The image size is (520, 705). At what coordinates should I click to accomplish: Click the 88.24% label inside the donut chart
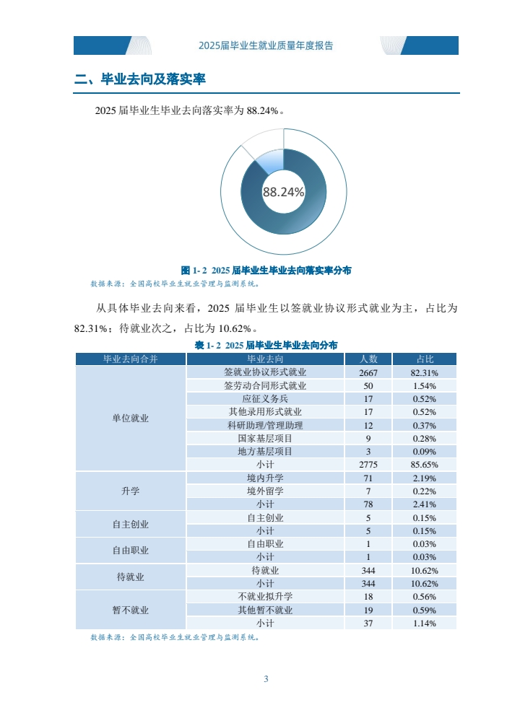pyautogui.click(x=283, y=192)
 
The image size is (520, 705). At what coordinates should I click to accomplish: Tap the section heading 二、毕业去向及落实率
pyautogui.click(x=141, y=79)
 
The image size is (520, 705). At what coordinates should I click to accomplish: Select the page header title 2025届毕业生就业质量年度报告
pyautogui.click(x=266, y=45)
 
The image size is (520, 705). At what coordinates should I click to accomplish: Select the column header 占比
pyautogui.click(x=425, y=359)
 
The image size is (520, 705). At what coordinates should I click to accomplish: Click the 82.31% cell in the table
pyautogui.click(x=425, y=372)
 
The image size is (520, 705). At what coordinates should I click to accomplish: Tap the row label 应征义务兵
pyautogui.click(x=265, y=399)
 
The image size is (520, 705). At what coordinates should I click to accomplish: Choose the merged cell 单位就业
pyautogui.click(x=131, y=419)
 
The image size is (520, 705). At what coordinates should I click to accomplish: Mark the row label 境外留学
pyautogui.click(x=265, y=491)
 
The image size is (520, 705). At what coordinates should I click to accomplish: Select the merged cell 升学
pyautogui.click(x=131, y=491)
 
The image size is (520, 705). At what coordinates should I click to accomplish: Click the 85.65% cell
pyautogui.click(x=425, y=465)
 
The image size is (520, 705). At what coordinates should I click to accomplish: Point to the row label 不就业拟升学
pyautogui.click(x=265, y=597)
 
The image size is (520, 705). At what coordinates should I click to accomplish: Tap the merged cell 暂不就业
pyautogui.click(x=131, y=610)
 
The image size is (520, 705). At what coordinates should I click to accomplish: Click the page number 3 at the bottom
pyautogui.click(x=266, y=679)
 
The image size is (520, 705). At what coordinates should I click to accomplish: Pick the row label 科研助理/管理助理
pyautogui.click(x=265, y=425)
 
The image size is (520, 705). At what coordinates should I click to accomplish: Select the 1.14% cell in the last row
pyautogui.click(x=425, y=623)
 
